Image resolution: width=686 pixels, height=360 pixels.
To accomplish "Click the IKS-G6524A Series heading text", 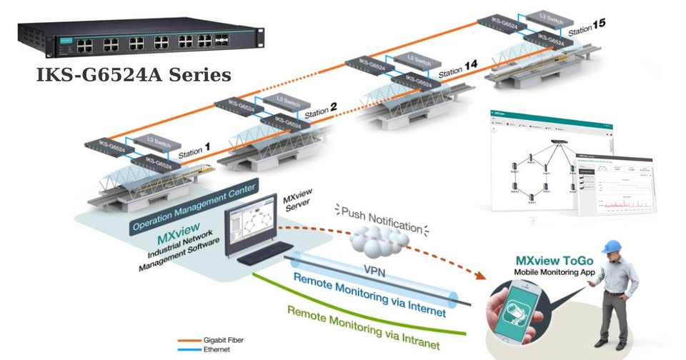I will (134, 74).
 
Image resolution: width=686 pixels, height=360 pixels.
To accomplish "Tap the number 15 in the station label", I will (598, 24).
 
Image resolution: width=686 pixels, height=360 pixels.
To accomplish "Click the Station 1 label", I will (194, 151).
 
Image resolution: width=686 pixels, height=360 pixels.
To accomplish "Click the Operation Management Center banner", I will (194, 206).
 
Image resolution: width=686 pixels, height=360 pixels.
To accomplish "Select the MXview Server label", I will (297, 201).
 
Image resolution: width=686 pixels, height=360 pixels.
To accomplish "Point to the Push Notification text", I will (382, 219).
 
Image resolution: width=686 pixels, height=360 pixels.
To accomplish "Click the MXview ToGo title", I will (554, 261).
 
